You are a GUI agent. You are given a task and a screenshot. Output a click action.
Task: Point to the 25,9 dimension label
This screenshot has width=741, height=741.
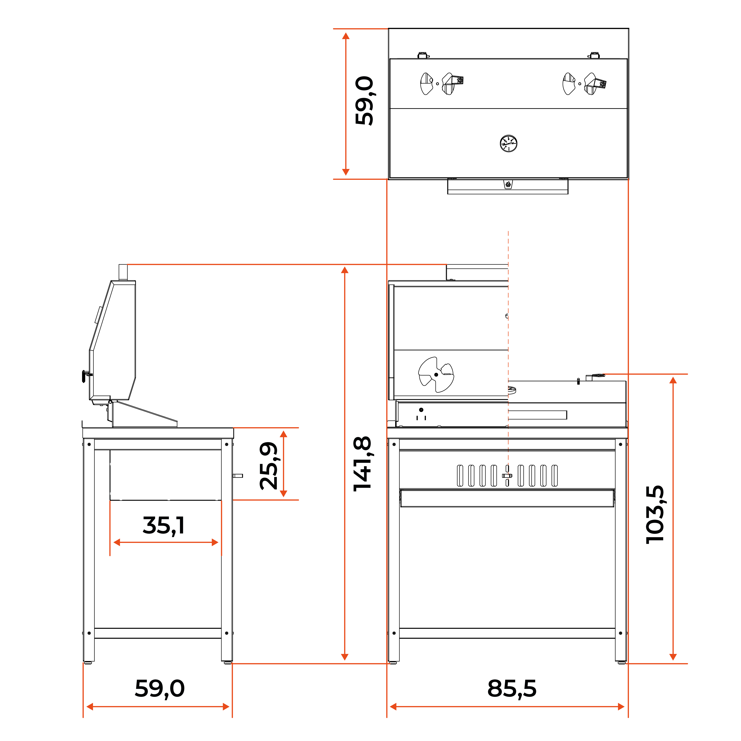tap(268, 466)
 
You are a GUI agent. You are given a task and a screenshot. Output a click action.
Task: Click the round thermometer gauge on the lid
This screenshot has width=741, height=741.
tap(509, 143)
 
